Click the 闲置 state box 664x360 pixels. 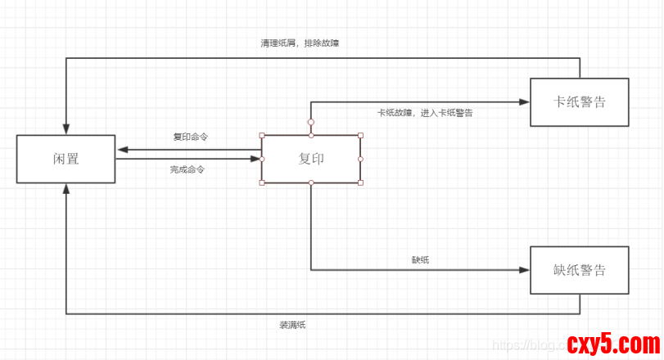[65, 159]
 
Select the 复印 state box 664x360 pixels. [311, 159]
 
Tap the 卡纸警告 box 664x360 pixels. [580, 102]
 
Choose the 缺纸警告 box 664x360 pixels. [580, 270]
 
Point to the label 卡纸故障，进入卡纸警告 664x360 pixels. [424, 113]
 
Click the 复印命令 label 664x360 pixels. [190, 137]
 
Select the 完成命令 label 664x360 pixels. [187, 169]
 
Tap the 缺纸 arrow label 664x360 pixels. [420, 259]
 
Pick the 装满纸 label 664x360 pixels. [292, 325]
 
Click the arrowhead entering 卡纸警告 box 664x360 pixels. [525, 102]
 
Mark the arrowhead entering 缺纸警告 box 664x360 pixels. [525, 269]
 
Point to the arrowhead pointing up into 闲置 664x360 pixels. [65, 188]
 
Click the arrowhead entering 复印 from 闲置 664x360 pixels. [256, 159]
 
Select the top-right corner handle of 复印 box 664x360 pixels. [360, 135]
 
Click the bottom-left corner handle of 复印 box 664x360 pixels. [262, 182]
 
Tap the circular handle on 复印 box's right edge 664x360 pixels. [360, 159]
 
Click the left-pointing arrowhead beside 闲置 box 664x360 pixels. [121, 150]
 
